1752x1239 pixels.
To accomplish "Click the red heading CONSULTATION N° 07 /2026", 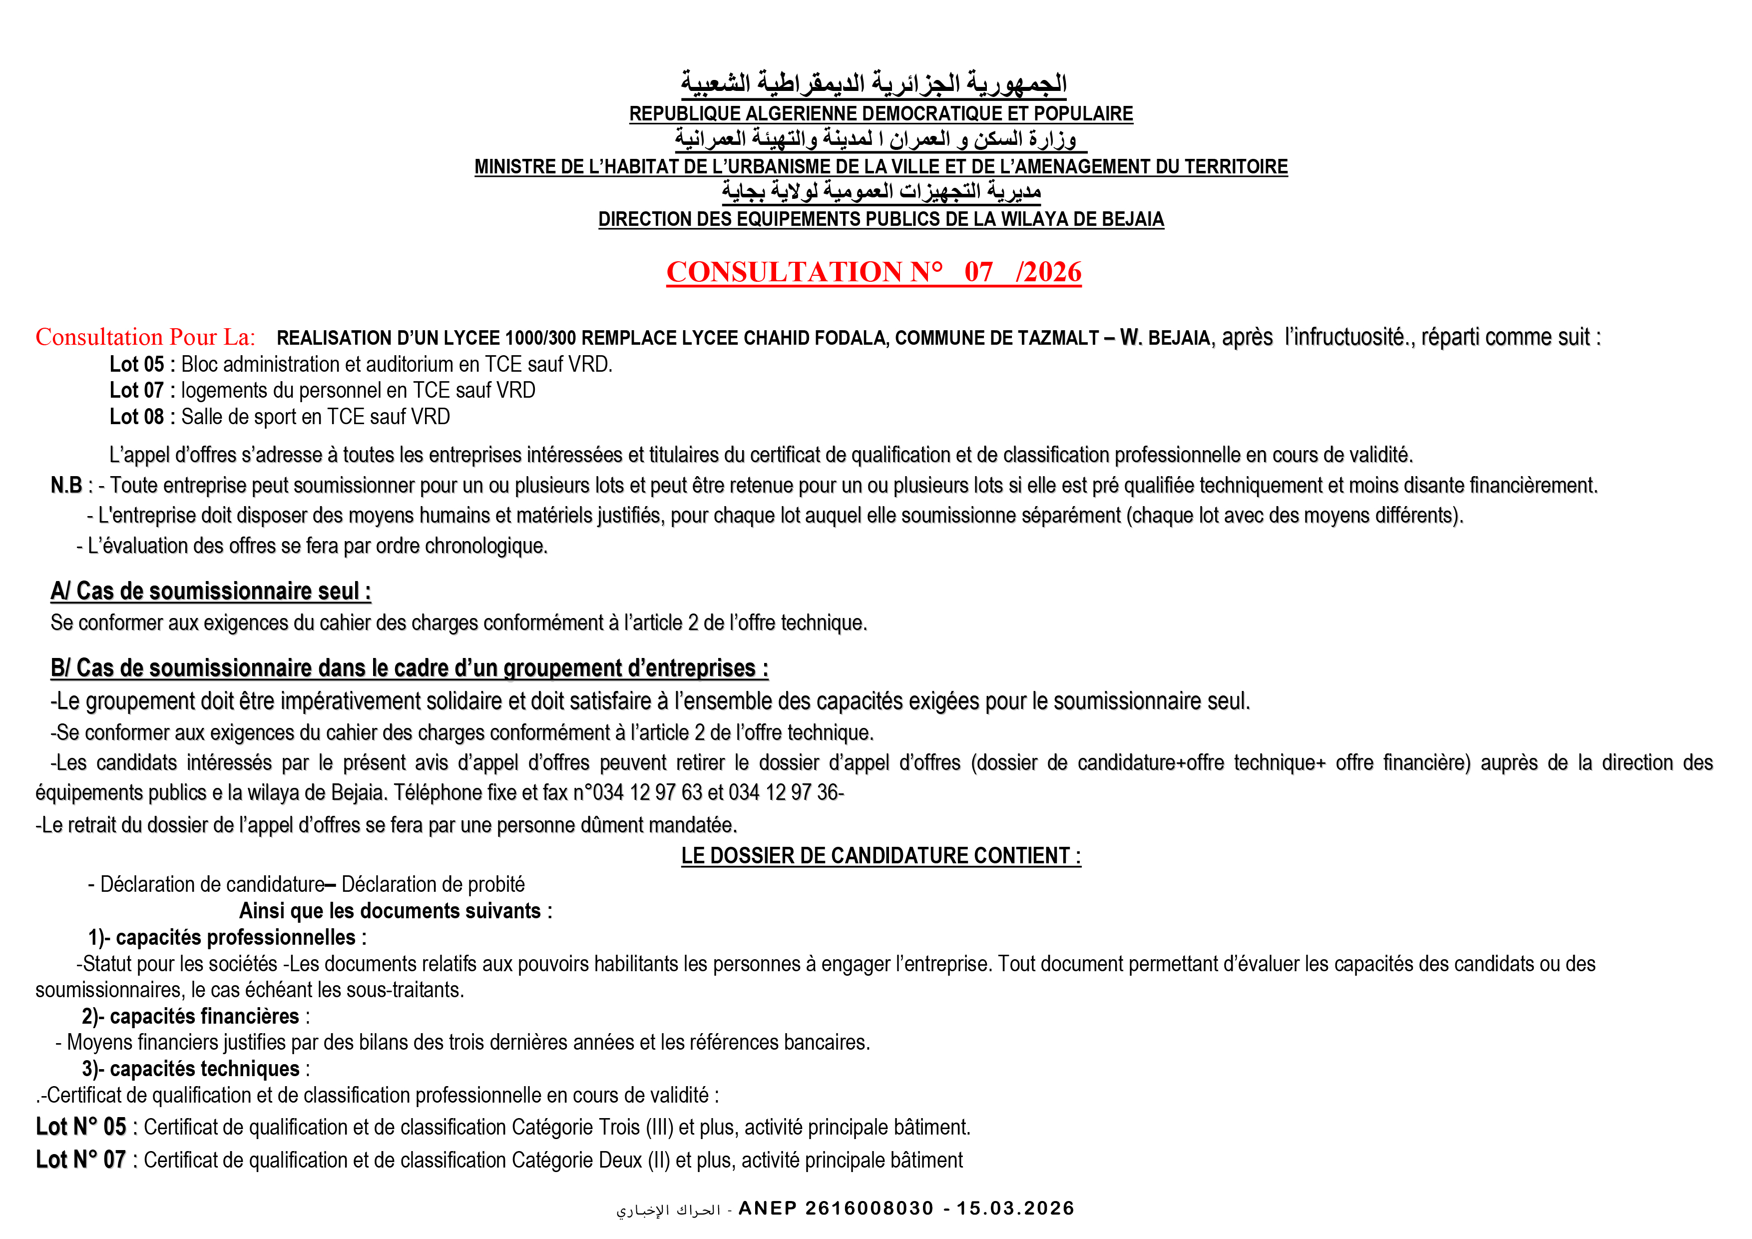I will [x=873, y=272].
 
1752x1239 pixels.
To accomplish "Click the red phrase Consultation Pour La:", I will [x=145, y=337].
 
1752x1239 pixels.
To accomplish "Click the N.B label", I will [x=66, y=486].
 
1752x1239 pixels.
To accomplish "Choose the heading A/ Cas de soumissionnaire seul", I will [x=211, y=592].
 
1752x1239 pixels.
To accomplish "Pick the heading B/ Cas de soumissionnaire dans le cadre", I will [x=409, y=668].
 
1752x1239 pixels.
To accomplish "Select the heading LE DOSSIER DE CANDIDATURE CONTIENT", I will [x=880, y=856].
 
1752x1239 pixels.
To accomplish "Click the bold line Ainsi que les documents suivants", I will [x=395, y=911].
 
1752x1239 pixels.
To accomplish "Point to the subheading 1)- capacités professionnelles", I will [x=227, y=937].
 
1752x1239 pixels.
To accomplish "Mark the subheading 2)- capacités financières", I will [x=195, y=1016].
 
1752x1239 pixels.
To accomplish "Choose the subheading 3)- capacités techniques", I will [x=195, y=1069].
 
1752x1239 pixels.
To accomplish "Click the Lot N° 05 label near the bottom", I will [x=81, y=1127].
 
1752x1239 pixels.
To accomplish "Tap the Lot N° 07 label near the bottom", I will [x=81, y=1160].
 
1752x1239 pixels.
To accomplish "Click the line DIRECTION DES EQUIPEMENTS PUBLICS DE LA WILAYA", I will [x=880, y=219].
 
